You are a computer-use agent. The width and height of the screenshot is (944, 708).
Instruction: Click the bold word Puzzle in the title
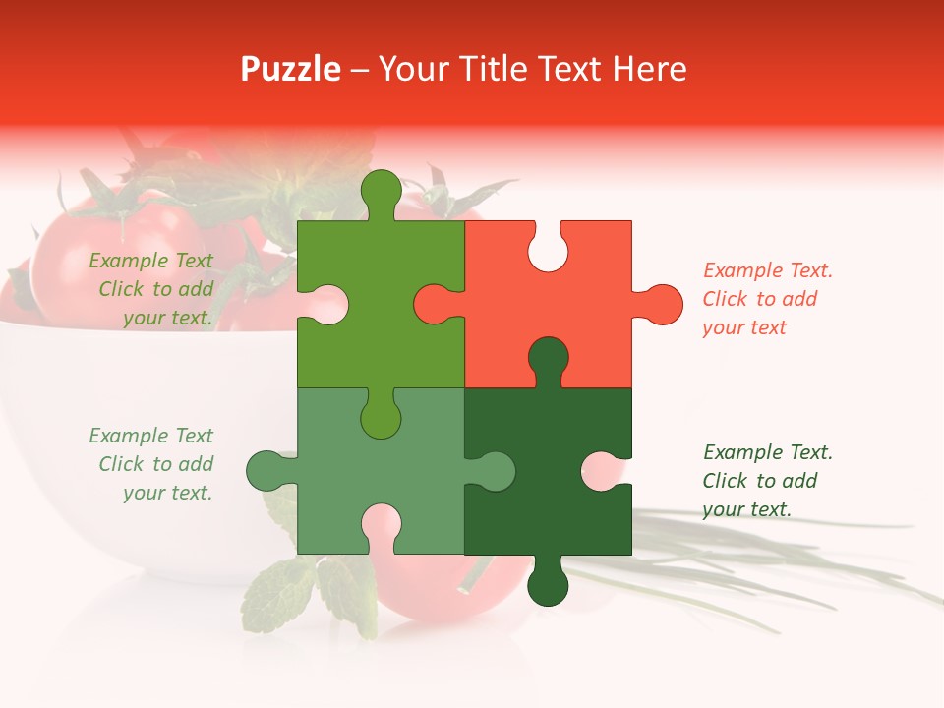(x=291, y=69)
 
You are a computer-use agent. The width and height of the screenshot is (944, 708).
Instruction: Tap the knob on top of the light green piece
(x=381, y=190)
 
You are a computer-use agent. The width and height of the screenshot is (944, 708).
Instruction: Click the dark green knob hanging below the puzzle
(x=548, y=586)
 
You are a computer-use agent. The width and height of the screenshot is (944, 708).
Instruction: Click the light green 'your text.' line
(x=167, y=318)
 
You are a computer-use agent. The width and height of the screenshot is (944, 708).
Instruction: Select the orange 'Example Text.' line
(x=768, y=270)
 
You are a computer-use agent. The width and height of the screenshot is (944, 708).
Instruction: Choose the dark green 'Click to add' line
(x=760, y=481)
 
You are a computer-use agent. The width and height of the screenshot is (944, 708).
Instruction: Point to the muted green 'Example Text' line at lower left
(x=150, y=436)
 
